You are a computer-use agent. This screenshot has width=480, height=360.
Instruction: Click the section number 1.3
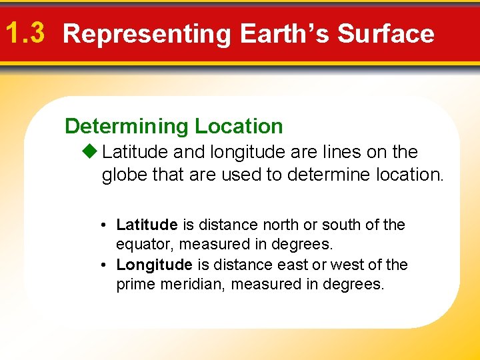pyautogui.click(x=24, y=33)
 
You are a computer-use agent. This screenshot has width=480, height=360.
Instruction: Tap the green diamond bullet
pyautogui.click(x=91, y=152)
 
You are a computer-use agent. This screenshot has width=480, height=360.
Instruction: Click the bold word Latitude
pyautogui.click(x=147, y=225)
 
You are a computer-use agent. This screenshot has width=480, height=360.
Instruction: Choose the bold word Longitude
pyautogui.click(x=153, y=265)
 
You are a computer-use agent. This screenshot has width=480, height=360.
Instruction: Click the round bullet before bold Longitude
pyautogui.click(x=105, y=265)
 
